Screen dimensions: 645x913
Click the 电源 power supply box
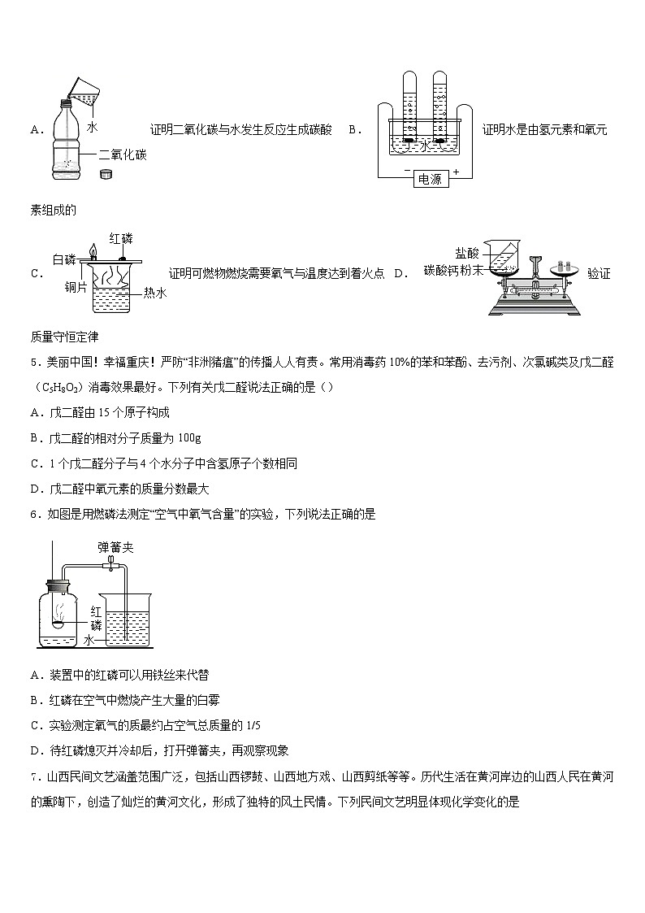click(429, 179)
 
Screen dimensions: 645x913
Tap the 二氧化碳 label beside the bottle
click(122, 154)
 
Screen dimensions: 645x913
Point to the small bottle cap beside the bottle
click(105, 174)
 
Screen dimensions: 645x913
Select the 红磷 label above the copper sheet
click(120, 238)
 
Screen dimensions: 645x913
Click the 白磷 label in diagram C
click(64, 259)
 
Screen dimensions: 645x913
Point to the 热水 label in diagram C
click(154, 293)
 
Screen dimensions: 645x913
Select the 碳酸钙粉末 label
click(453, 270)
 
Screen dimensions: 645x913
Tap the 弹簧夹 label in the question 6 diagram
click(115, 548)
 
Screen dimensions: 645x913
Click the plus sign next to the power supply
click(456, 172)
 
